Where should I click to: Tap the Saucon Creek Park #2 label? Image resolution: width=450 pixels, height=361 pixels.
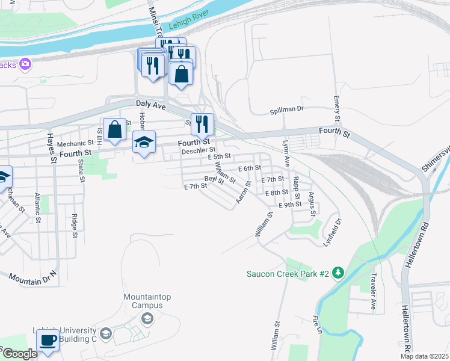(x=288, y=274)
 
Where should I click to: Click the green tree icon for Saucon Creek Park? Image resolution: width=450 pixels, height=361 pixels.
(x=339, y=274)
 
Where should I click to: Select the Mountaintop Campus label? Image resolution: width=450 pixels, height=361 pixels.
(x=143, y=301)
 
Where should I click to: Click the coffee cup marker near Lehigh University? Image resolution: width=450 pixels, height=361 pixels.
(x=48, y=340)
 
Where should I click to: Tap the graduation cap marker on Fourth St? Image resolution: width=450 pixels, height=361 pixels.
(x=144, y=143)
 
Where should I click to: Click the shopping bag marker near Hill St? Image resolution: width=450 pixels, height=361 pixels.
(x=114, y=129)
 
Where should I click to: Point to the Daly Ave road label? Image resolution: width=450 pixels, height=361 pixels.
(x=150, y=104)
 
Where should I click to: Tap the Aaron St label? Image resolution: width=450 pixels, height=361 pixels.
(x=243, y=192)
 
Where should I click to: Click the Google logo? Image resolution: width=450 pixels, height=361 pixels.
(x=19, y=354)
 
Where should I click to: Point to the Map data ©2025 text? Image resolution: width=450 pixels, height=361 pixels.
(x=425, y=356)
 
